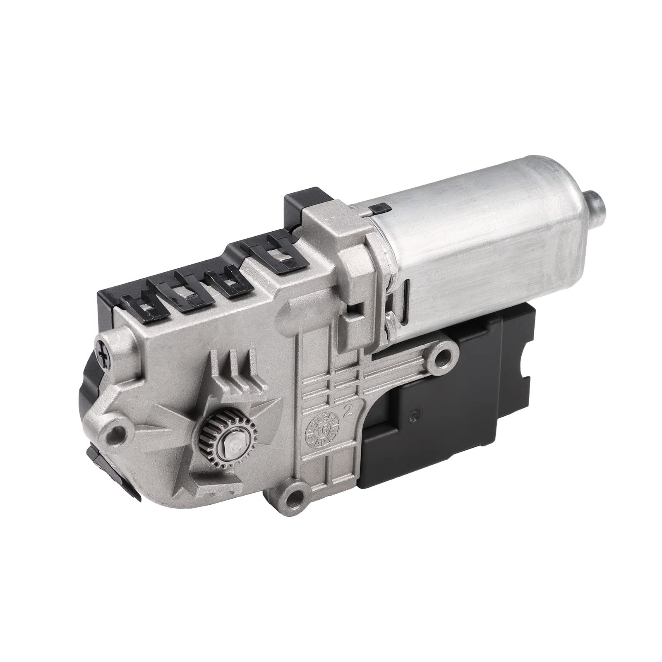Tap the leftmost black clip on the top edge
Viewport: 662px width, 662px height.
(143, 304)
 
